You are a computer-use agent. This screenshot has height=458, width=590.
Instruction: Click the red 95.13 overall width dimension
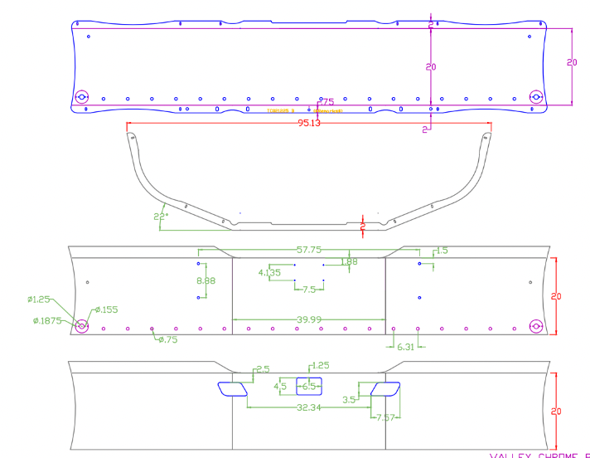(308, 123)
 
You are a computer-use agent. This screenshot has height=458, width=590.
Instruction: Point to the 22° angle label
(160, 217)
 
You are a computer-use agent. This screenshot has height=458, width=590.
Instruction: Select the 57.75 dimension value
(308, 249)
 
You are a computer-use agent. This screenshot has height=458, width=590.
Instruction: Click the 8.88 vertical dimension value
(206, 281)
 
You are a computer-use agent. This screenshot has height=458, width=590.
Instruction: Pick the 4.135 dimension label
(269, 272)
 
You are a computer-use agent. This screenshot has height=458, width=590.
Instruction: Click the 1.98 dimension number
(350, 262)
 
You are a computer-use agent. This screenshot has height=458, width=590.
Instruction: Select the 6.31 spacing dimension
(405, 346)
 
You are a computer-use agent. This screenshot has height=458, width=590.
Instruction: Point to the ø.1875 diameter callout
(46, 320)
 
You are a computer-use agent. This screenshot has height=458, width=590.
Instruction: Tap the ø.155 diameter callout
(106, 309)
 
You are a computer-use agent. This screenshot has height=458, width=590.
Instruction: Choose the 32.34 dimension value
(308, 407)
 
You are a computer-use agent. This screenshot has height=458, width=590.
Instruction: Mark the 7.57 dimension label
(385, 417)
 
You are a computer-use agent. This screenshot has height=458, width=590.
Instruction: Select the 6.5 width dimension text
(309, 387)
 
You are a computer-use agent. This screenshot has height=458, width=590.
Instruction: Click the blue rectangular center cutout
(309, 385)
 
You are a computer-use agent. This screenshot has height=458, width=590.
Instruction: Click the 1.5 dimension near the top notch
(442, 250)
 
